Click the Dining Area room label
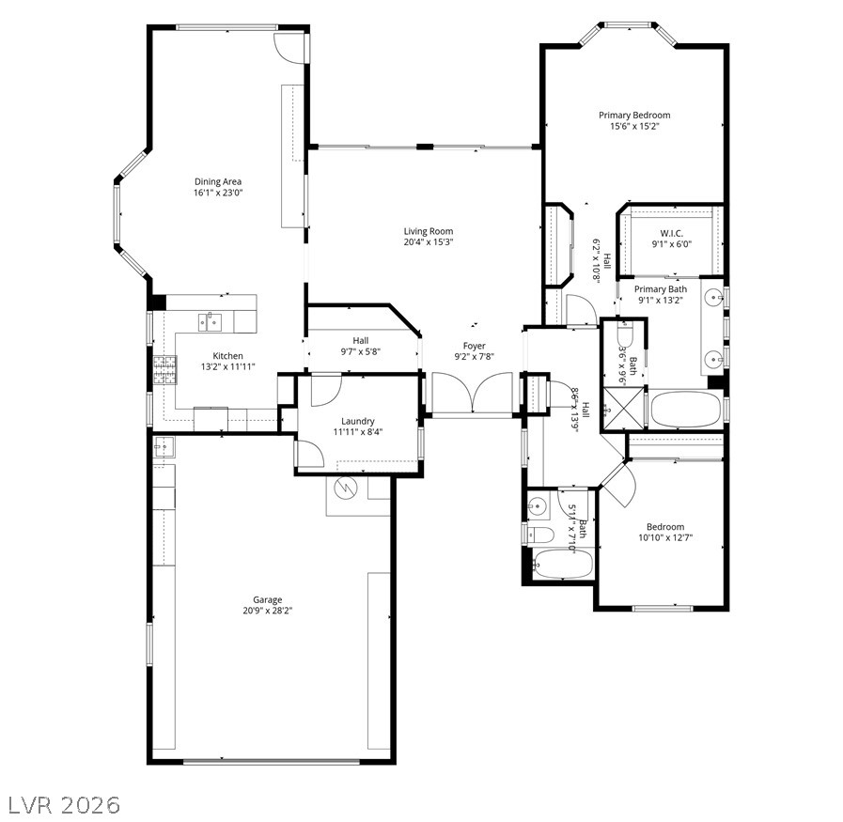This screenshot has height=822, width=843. [218, 181]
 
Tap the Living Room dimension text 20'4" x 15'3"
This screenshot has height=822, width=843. [429, 241]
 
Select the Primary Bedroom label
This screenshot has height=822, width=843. [634, 115]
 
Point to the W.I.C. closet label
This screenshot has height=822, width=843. [672, 233]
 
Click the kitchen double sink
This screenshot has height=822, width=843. [210, 322]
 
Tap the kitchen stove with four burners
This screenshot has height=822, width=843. [165, 370]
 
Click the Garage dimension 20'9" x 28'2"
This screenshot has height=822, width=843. [267, 611]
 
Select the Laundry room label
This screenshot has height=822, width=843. [357, 421]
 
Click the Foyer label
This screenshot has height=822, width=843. [475, 346]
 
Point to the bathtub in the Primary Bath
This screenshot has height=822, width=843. [685, 410]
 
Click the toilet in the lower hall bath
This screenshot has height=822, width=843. [540, 535]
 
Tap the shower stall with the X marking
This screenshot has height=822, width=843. [623, 409]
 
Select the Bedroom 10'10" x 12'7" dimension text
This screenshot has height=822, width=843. [665, 537]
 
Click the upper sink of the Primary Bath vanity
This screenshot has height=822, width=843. [713, 296]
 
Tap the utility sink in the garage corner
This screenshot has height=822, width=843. [164, 446]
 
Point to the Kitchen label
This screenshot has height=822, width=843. [228, 356]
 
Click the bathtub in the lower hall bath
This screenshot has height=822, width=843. [562, 564]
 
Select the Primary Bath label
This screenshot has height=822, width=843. [660, 289]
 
